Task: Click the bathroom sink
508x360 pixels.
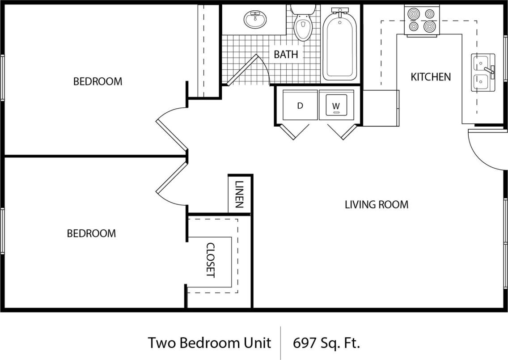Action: (255, 19)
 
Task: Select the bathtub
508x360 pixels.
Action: (340, 45)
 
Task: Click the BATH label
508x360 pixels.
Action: (286, 55)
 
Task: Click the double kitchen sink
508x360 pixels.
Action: (483, 72)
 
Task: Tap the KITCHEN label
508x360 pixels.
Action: (431, 77)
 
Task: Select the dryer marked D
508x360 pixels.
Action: (300, 106)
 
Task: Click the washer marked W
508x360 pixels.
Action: (336, 106)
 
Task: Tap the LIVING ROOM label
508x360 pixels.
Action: (377, 205)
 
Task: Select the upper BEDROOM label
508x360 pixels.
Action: (97, 81)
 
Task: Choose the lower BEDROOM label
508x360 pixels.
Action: (91, 233)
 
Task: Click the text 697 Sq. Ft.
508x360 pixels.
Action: (326, 343)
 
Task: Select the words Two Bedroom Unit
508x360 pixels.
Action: (209, 343)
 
